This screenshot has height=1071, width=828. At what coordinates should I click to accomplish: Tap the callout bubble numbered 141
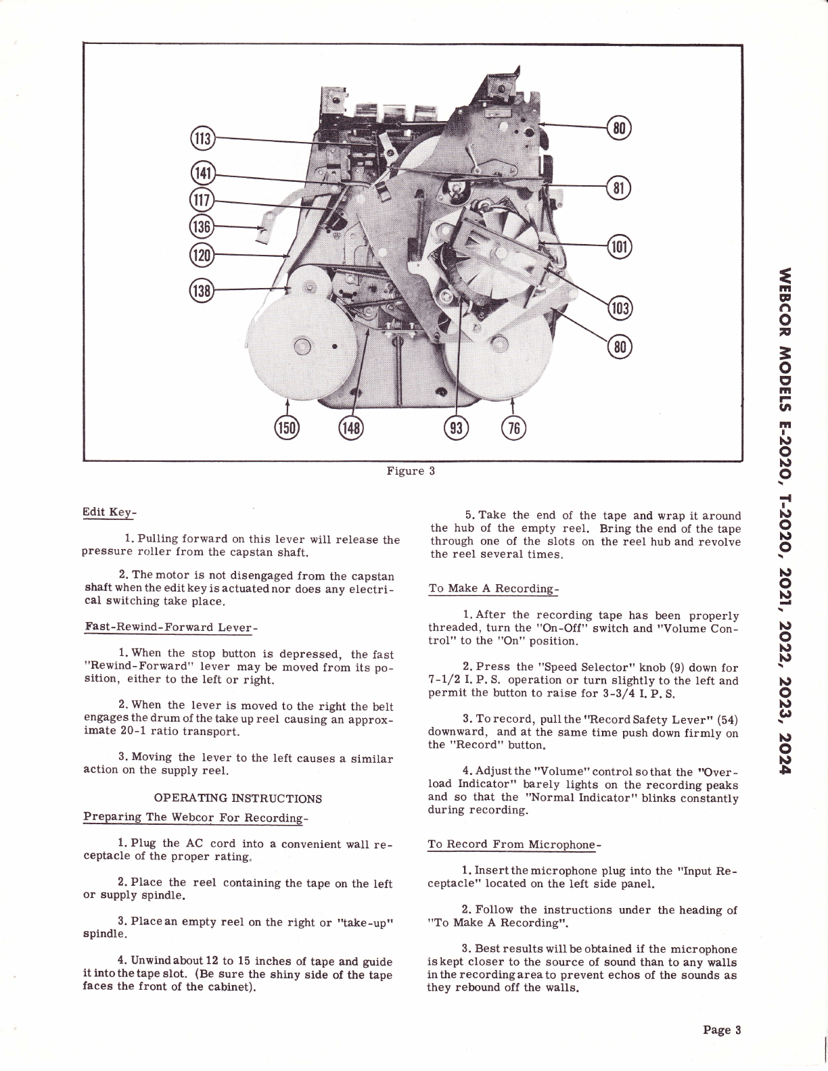pyautogui.click(x=202, y=173)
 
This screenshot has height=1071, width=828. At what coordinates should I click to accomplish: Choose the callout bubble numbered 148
pyautogui.click(x=351, y=427)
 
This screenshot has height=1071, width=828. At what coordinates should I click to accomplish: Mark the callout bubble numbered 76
pyautogui.click(x=513, y=427)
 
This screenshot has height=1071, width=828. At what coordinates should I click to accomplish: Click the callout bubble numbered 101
pyautogui.click(x=620, y=245)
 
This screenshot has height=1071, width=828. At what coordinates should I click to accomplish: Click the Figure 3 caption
pyautogui.click(x=410, y=471)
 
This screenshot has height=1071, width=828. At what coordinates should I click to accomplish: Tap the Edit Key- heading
pyautogui.click(x=109, y=512)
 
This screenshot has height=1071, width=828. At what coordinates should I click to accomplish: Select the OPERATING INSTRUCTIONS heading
pyautogui.click(x=238, y=798)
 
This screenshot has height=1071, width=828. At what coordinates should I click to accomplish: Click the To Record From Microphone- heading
pyautogui.click(x=515, y=844)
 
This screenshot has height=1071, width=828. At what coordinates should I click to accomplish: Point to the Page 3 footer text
pyautogui.click(x=722, y=1030)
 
